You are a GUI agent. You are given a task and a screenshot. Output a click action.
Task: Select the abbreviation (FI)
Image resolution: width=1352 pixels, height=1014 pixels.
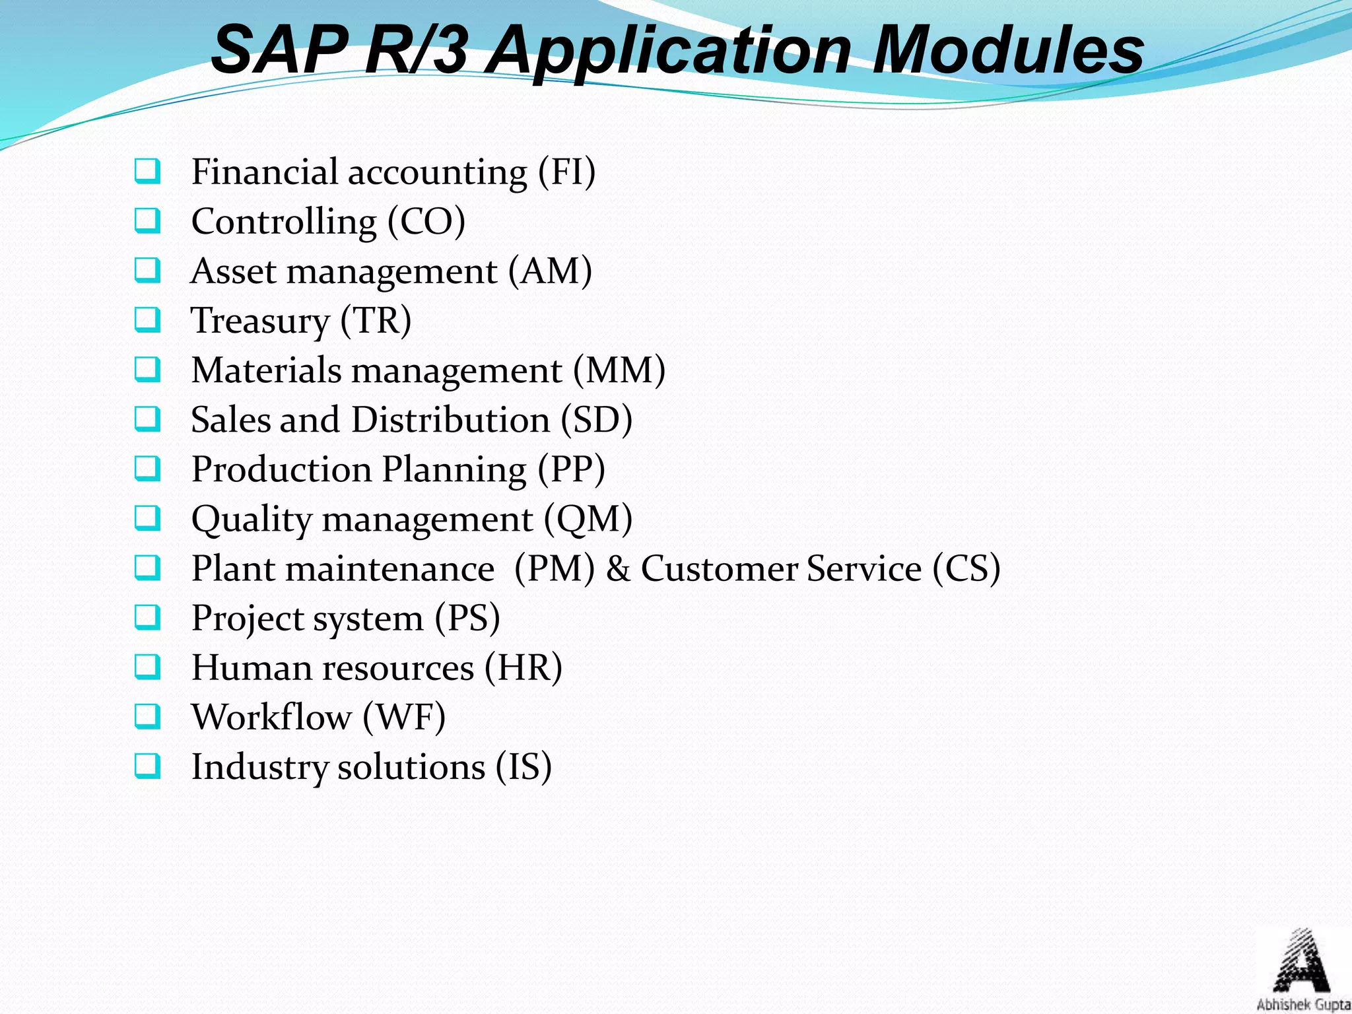pyautogui.click(x=566, y=172)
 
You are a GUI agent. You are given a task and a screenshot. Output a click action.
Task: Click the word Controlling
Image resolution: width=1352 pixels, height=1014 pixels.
pyautogui.click(x=284, y=222)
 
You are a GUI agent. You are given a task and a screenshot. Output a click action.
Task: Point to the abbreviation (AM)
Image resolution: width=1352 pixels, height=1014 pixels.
pyautogui.click(x=550, y=271)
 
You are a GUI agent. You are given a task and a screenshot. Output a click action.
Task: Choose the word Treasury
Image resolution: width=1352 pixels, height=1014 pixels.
pyautogui.click(x=260, y=321)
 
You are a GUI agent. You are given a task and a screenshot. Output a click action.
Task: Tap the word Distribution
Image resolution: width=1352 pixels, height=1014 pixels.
pyautogui.click(x=451, y=420)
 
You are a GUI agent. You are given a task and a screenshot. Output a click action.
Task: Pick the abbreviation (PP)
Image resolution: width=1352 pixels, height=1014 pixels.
pyautogui.click(x=571, y=469)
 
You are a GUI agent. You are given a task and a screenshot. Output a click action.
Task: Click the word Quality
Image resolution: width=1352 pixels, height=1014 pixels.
pyautogui.click(x=252, y=520)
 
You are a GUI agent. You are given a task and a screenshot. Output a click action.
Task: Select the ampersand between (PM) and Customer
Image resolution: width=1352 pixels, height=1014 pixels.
pyautogui.click(x=618, y=569)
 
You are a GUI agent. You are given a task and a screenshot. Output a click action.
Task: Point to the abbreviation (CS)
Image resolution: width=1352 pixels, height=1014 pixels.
pyautogui.click(x=966, y=569)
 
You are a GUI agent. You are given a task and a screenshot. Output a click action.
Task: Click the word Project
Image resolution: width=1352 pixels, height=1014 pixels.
pyautogui.click(x=247, y=619)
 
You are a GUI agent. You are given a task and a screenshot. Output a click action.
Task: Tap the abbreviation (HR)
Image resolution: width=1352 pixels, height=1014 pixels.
pyautogui.click(x=524, y=668)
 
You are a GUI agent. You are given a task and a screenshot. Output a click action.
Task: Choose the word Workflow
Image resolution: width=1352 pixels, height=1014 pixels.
pyautogui.click(x=271, y=718)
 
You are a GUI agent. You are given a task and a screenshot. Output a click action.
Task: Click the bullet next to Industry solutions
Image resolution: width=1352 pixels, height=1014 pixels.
pyautogui.click(x=147, y=766)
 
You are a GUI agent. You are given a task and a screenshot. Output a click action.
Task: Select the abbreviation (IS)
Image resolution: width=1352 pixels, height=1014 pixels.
pyautogui.click(x=524, y=767)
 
